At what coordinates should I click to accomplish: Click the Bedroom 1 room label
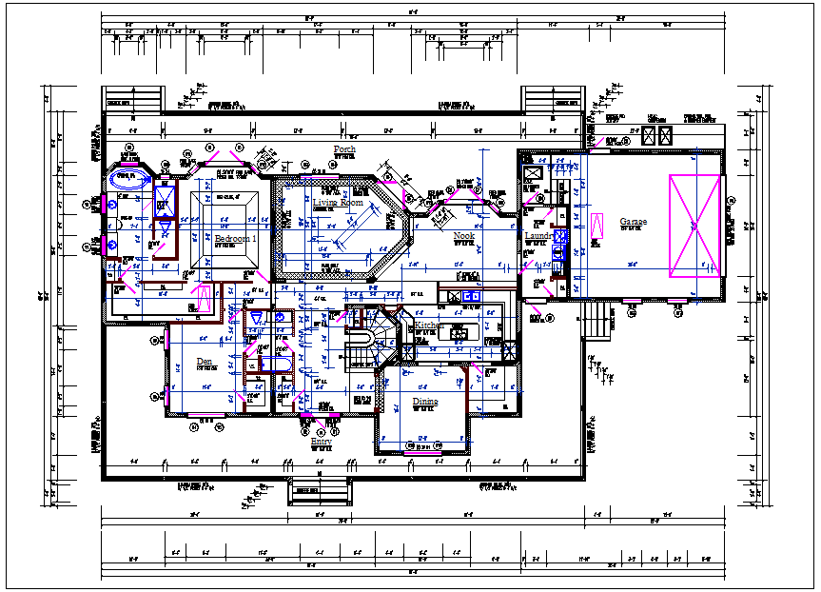click(x=235, y=239)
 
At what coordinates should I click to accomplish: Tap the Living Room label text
click(x=338, y=203)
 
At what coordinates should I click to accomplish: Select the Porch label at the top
click(x=343, y=150)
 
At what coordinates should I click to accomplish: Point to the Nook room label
click(x=463, y=235)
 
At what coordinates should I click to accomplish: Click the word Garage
click(x=633, y=222)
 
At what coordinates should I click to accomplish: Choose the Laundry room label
click(x=538, y=236)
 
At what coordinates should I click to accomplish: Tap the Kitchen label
click(x=428, y=326)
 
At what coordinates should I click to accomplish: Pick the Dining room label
click(x=424, y=403)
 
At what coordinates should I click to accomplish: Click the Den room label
click(x=204, y=362)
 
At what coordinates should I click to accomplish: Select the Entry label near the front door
click(x=322, y=442)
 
